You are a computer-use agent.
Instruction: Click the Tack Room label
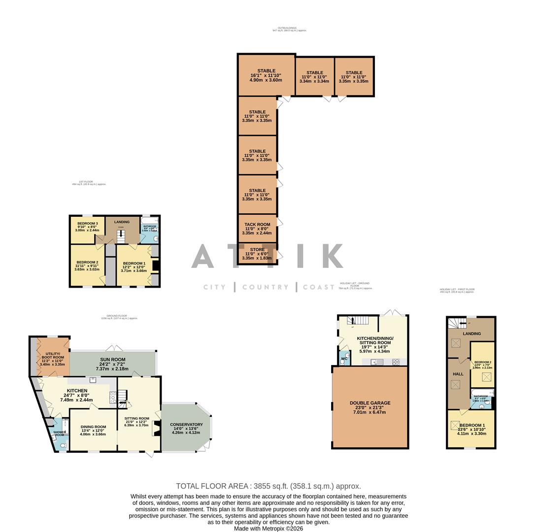(x=257, y=225)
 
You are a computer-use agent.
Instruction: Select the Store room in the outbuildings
(x=257, y=254)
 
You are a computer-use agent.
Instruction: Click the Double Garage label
(x=370, y=403)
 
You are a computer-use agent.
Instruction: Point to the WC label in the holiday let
(x=344, y=359)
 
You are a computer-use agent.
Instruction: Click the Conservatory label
(x=186, y=425)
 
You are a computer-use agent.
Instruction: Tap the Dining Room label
(x=93, y=427)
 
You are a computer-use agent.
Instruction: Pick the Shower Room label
(x=60, y=432)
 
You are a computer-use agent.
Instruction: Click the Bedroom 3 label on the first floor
(x=87, y=224)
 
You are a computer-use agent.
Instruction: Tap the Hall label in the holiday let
(x=458, y=374)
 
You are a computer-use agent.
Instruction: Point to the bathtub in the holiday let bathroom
(x=482, y=396)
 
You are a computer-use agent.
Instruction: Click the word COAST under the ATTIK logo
(x=319, y=287)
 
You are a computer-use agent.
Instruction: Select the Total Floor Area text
(x=268, y=486)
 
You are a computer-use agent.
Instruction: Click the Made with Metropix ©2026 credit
(x=268, y=529)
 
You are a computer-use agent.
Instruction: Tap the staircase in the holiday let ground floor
(x=358, y=321)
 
